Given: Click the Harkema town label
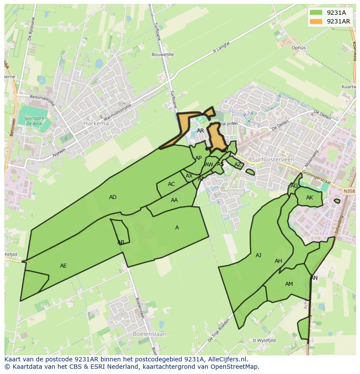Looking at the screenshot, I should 96,123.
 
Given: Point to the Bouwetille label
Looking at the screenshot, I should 163,55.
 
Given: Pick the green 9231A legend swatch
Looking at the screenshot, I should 316,13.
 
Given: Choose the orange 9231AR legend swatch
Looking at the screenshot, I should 316,21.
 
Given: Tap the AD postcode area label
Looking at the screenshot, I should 113,197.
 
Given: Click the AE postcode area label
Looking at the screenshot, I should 63,265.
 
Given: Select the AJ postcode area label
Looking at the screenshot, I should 258,255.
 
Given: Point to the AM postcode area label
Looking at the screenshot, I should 289,284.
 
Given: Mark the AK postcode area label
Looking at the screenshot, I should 310,198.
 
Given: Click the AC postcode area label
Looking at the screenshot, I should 171,184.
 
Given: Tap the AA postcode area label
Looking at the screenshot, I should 174,200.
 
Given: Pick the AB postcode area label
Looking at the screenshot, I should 121,242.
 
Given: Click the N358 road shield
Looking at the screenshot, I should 348,191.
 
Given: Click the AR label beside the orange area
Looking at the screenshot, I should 200,130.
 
